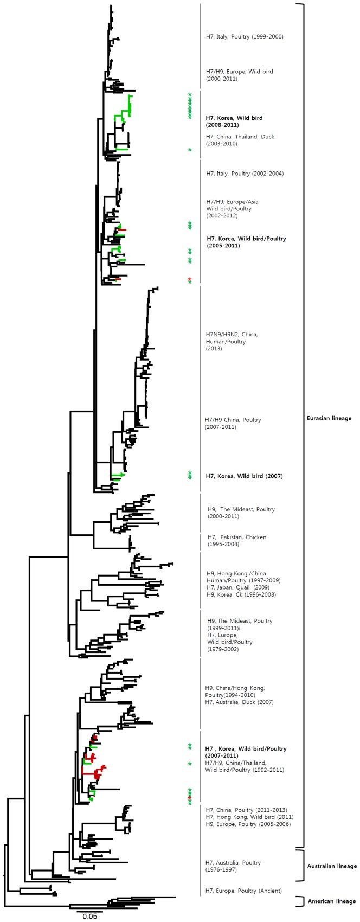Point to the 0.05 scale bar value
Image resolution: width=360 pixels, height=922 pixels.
[89, 916]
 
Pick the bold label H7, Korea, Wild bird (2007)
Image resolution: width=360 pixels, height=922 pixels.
[244, 476]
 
